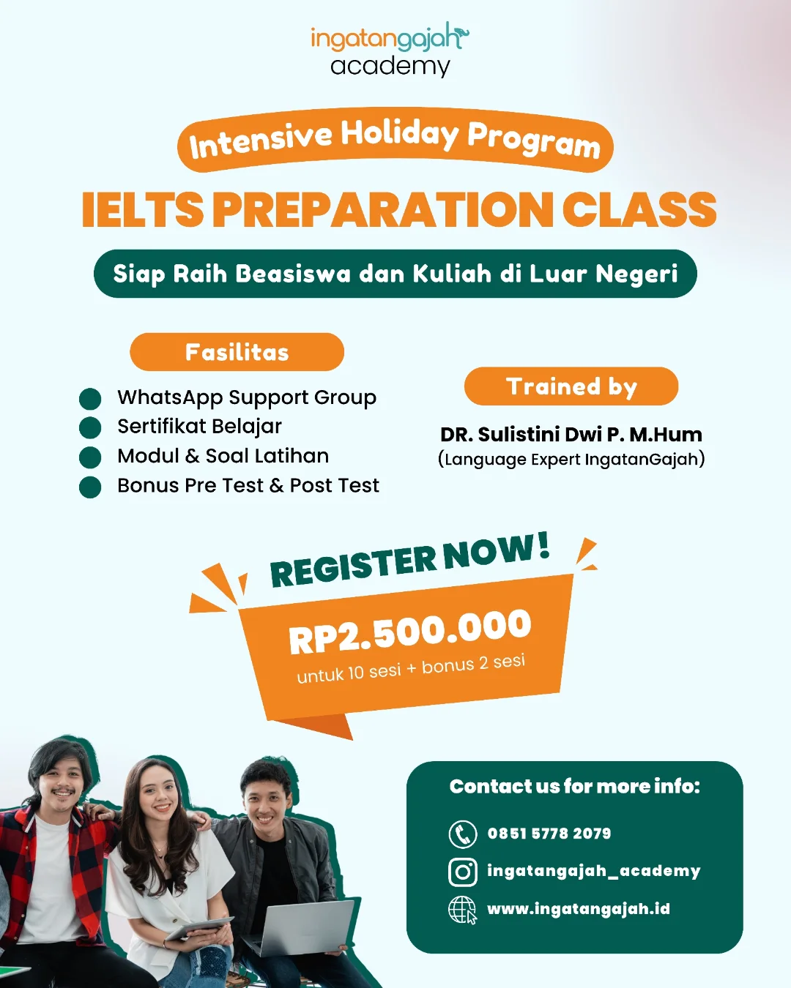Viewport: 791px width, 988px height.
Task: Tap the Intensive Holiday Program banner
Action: [x=395, y=140]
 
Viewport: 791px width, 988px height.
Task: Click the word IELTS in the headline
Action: [x=143, y=210]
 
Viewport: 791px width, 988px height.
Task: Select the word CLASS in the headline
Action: [x=639, y=209]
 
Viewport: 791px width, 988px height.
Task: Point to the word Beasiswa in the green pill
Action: [x=293, y=274]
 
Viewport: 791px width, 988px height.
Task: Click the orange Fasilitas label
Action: [x=237, y=352]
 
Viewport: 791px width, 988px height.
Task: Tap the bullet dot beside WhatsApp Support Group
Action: [x=90, y=399]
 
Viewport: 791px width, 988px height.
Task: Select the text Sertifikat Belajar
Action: [x=199, y=426]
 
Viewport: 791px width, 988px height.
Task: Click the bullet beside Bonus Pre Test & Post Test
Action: [x=90, y=487]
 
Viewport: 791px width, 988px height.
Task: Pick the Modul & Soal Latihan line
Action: [x=223, y=456]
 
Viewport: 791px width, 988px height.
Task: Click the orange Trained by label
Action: [x=571, y=386]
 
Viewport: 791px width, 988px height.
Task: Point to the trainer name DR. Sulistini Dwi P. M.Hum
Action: [x=571, y=434]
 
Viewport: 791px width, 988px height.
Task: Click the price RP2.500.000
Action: [x=410, y=632]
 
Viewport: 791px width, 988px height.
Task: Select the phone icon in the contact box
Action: [x=462, y=834]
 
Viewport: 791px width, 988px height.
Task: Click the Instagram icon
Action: [x=462, y=872]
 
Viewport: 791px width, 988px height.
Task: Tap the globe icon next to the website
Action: [x=462, y=910]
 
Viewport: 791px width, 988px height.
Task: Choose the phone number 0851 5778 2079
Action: [x=549, y=834]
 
